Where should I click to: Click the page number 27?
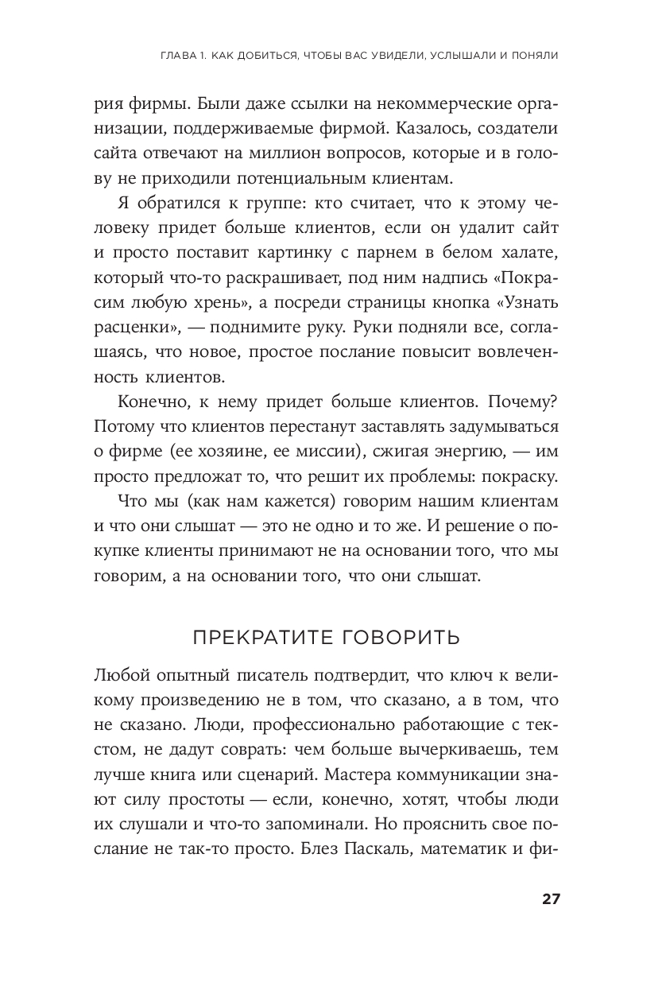551,899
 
